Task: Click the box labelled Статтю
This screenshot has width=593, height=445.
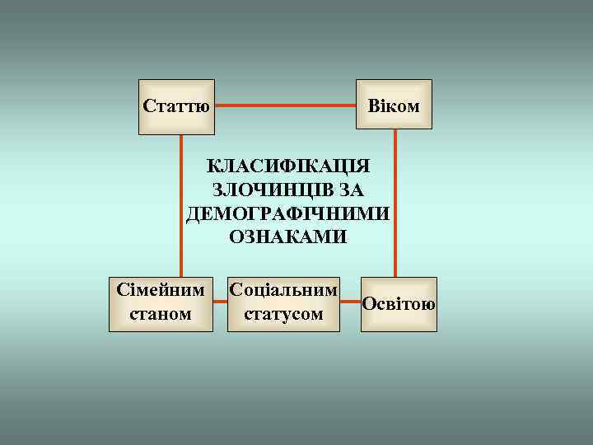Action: (x=176, y=106)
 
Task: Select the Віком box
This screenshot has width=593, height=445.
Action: (x=394, y=105)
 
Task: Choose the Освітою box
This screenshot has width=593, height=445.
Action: (x=399, y=304)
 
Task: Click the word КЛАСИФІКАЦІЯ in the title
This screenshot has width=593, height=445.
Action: (x=288, y=165)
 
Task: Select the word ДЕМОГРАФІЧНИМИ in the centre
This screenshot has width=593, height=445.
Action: (x=288, y=214)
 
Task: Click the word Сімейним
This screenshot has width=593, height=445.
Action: (x=161, y=292)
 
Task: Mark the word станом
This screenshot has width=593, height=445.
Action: (x=161, y=315)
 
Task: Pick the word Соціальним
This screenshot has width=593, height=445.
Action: (x=284, y=291)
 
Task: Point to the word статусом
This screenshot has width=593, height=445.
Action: (x=284, y=315)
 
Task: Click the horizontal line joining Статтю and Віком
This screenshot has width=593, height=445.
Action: (x=285, y=105)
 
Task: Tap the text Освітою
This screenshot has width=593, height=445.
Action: (x=399, y=304)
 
